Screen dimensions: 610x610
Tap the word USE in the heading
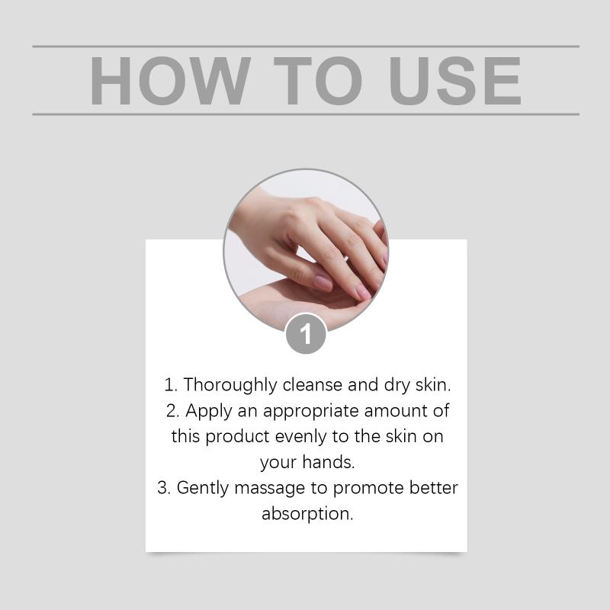point(454,81)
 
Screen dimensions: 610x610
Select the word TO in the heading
point(318,81)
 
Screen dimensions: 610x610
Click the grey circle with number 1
point(306,334)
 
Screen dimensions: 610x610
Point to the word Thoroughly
point(230,385)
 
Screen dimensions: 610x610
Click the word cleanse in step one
point(313,385)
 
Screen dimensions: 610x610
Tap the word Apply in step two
point(208,411)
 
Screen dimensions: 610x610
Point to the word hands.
point(329,462)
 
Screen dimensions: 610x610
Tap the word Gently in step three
point(203,488)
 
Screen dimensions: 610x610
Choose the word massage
point(270,489)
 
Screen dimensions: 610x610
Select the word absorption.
point(307,514)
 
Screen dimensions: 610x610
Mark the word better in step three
point(434,488)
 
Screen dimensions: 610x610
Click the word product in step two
point(237,437)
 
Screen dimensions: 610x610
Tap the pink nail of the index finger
point(323,283)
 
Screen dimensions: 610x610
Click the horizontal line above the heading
point(306,47)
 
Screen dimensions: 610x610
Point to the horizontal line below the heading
point(306,114)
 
